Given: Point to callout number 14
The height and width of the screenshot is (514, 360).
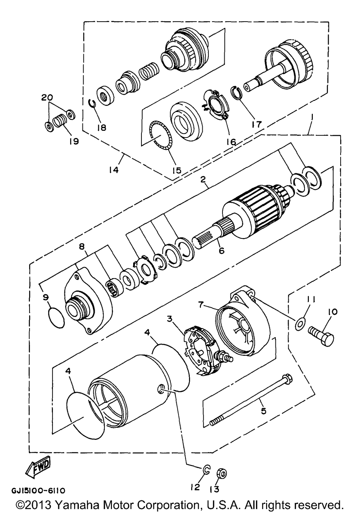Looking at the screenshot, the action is pyautogui.click(x=114, y=170).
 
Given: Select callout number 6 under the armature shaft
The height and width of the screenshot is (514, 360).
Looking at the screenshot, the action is pyautogui.click(x=221, y=251).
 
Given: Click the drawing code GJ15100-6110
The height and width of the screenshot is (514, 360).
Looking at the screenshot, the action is pyautogui.click(x=39, y=490).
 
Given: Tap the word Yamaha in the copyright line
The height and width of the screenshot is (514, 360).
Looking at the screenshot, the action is pyautogui.click(x=77, y=505).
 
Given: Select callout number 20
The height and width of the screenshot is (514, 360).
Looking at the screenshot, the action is pyautogui.click(x=47, y=98).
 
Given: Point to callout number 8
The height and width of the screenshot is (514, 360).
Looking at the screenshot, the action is pyautogui.click(x=82, y=247).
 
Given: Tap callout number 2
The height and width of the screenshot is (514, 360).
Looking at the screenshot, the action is pyautogui.click(x=202, y=179).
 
